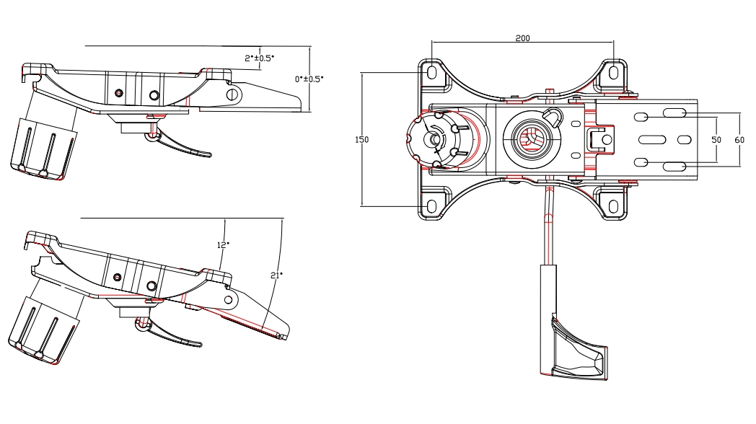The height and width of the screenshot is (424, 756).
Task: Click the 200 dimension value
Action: [522, 38]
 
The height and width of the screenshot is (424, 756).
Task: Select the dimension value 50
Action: [716, 139]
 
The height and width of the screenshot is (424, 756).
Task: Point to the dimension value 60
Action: [739, 139]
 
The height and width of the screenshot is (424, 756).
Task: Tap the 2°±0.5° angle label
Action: [259, 58]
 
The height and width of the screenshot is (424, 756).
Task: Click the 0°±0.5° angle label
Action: [309, 79]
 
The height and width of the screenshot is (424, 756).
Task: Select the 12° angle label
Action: [223, 244]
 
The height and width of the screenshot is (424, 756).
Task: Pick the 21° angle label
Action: [276, 275]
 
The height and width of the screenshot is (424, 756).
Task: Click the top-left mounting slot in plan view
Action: [432, 73]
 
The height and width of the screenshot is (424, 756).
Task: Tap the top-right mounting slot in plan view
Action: [614, 72]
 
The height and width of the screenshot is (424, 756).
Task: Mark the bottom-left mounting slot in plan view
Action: [432, 206]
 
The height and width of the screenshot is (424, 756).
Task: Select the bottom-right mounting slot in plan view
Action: [614, 206]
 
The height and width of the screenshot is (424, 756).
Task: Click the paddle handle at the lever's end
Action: [577, 350]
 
